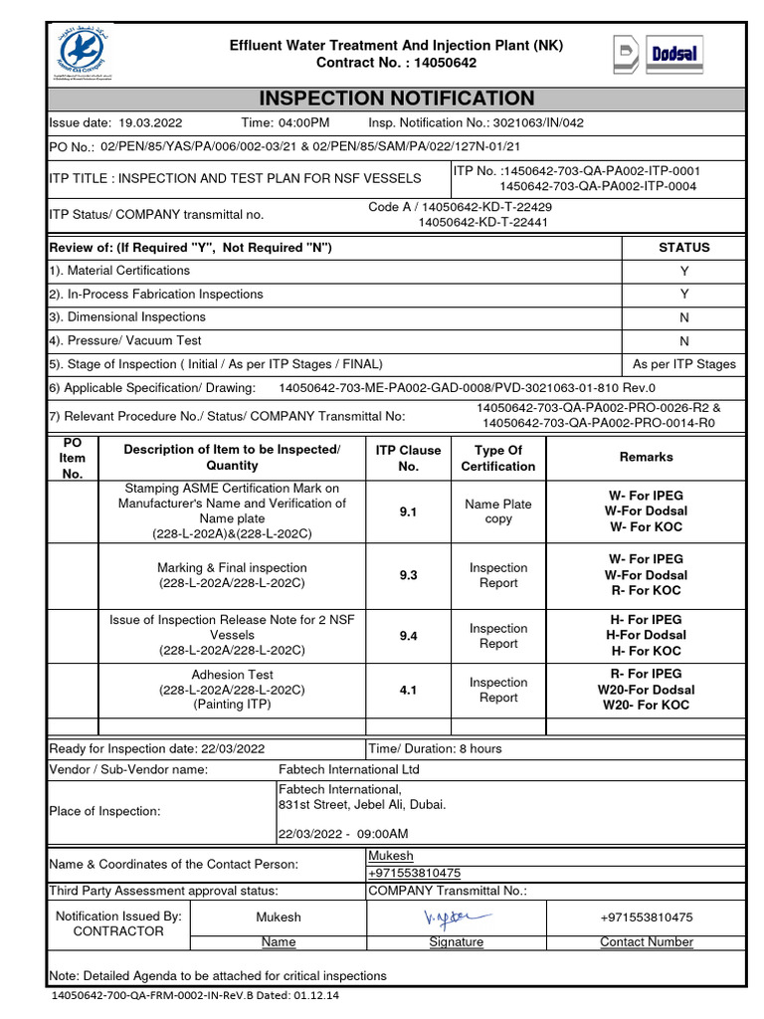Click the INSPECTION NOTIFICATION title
click(x=396, y=98)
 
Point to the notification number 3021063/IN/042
click(x=533, y=122)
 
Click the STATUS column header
click(x=683, y=247)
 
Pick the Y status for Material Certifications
click(x=683, y=271)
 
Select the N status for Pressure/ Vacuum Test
click(x=683, y=340)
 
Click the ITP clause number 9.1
click(x=408, y=511)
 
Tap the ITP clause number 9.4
click(x=408, y=636)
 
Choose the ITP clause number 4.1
click(x=408, y=690)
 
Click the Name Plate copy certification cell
click(x=497, y=511)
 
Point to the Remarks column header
click(x=646, y=457)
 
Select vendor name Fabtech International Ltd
click(x=349, y=769)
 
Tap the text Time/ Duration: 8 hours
click(x=436, y=748)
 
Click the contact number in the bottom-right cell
click(x=646, y=917)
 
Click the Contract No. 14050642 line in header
click(x=396, y=63)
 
